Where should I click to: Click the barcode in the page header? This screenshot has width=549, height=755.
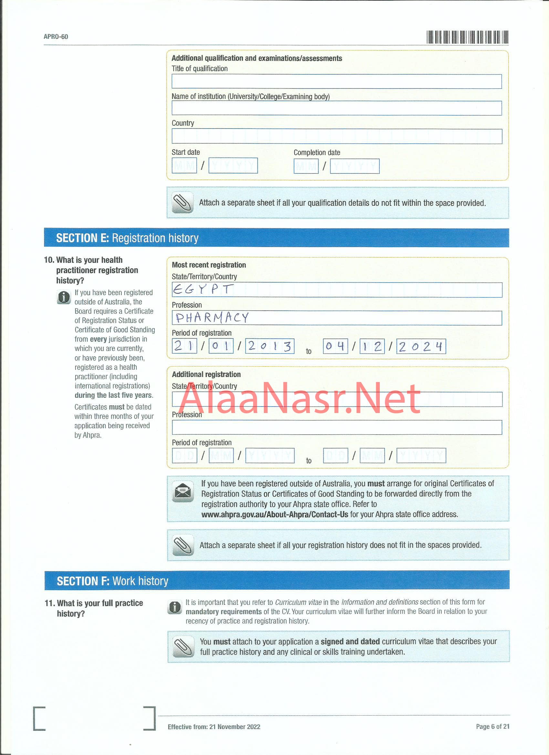(467, 37)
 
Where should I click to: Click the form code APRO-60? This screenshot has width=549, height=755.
(56, 36)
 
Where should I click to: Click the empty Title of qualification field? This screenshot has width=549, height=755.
(336, 82)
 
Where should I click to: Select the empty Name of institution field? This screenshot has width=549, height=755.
(336, 108)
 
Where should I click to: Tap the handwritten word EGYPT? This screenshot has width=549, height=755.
(203, 289)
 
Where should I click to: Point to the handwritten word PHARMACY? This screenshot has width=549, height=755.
(212, 317)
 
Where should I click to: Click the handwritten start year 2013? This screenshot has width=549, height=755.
(270, 346)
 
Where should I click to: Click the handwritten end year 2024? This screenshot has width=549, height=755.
(421, 346)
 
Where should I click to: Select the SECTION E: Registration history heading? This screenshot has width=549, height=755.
(127, 238)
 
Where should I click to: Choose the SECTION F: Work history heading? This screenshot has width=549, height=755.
(112, 581)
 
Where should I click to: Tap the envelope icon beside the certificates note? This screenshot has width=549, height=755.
(183, 491)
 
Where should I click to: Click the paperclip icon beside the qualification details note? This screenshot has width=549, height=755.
(182, 202)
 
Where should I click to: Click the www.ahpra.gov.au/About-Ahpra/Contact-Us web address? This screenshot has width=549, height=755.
(275, 514)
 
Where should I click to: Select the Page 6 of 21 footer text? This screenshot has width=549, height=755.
(492, 726)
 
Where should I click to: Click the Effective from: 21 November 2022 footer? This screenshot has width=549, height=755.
(214, 727)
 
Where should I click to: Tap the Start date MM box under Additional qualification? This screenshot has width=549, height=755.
(184, 165)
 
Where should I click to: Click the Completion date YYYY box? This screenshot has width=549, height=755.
(355, 166)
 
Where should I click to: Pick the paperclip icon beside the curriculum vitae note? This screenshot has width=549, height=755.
(183, 646)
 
